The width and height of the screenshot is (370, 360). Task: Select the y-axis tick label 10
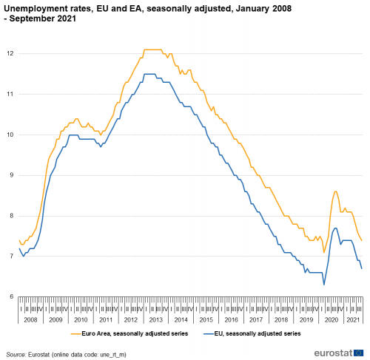[x=10, y=135]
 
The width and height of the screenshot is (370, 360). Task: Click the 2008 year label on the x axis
[x=30, y=319]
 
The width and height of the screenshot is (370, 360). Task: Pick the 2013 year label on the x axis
[x=155, y=319]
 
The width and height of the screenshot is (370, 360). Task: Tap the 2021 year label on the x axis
[x=354, y=319]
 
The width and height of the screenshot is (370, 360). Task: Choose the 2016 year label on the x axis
[x=231, y=319]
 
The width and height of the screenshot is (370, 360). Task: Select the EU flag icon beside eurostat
[x=359, y=352]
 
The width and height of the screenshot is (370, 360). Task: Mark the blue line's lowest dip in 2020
[x=323, y=285]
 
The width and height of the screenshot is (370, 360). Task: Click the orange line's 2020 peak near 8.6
[x=335, y=191]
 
